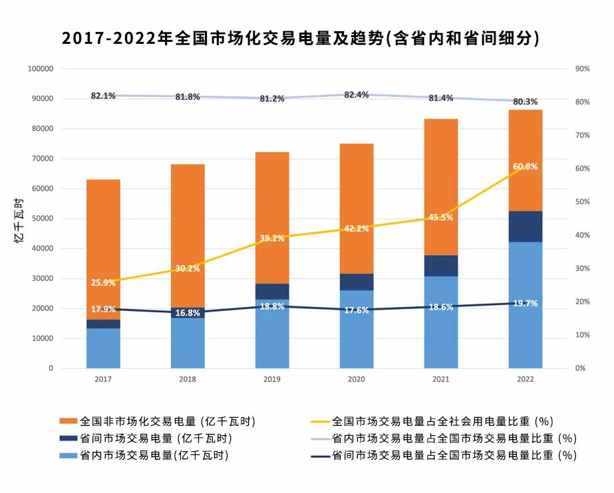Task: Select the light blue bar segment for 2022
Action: click(x=526, y=306)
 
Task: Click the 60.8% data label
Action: click(x=526, y=167)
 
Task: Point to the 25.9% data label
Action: click(x=103, y=282)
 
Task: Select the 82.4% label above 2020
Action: click(x=357, y=95)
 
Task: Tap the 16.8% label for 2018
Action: click(x=188, y=313)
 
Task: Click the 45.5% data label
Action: click(x=441, y=217)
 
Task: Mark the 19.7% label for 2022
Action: click(x=526, y=304)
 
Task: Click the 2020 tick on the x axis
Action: click(x=357, y=379)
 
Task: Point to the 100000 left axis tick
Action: click(x=41, y=69)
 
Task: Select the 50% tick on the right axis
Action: click(x=581, y=202)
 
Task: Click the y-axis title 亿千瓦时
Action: click(x=19, y=219)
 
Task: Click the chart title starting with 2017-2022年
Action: click(x=300, y=39)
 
